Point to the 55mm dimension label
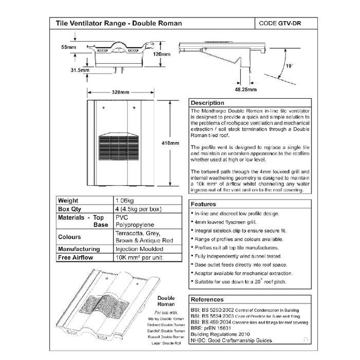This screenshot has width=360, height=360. pos(68,47)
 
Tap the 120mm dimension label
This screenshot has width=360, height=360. pos(161,53)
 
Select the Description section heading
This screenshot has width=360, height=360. pos(208,103)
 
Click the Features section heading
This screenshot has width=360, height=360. pos(205,204)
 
